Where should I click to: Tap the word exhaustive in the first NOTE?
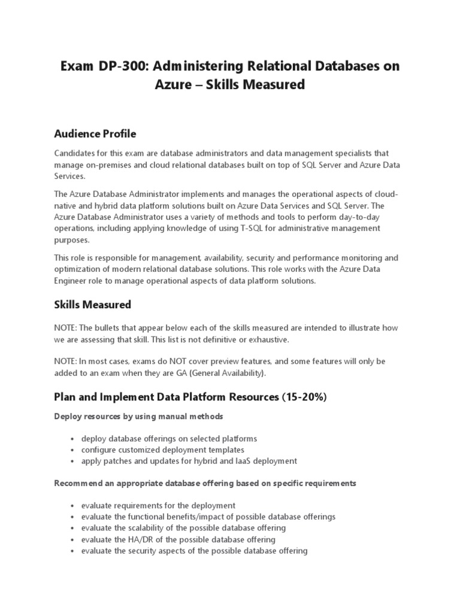pyautogui.click(x=268, y=339)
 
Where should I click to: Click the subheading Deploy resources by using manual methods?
pyautogui.click(x=138, y=416)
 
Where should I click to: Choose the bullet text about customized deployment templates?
pyautogui.click(x=163, y=450)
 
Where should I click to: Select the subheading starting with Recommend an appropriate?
pyautogui.click(x=205, y=483)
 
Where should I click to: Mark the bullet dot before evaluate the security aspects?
pyautogui.click(x=72, y=551)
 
